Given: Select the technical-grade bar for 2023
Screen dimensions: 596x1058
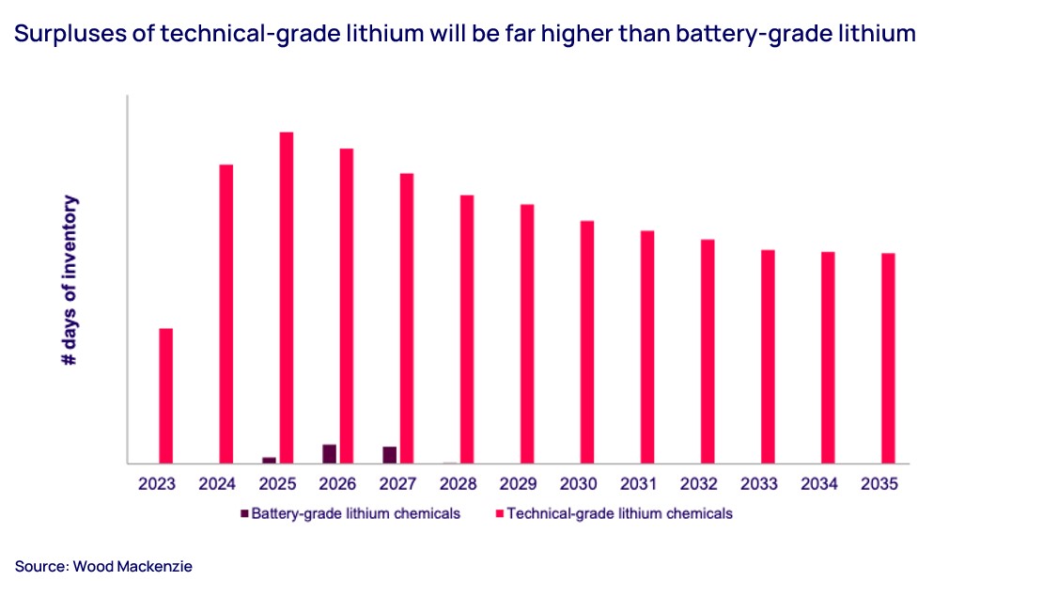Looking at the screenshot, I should tap(166, 396).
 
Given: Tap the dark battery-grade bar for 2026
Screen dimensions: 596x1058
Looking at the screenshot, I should tap(329, 454).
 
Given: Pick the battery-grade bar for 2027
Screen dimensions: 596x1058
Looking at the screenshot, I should tap(389, 455).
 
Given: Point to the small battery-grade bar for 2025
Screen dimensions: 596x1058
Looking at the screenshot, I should tap(270, 460).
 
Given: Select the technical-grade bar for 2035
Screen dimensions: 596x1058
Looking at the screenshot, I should tap(888, 358).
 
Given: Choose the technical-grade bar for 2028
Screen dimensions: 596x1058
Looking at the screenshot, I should tap(467, 329).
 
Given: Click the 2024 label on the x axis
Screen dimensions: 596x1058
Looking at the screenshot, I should tap(217, 485).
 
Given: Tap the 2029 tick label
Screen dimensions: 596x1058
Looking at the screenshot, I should tap(519, 485).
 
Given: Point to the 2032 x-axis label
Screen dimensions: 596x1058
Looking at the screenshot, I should tap(699, 485).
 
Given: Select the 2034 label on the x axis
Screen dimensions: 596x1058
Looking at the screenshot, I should tap(819, 485).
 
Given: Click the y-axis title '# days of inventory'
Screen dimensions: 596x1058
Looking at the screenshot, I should tap(70, 280).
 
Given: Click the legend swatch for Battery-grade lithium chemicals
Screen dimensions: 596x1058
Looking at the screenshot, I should tap(245, 513).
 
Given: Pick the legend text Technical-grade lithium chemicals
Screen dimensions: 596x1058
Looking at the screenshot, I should tap(619, 513).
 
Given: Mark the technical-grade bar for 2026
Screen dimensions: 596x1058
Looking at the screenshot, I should tap(347, 306).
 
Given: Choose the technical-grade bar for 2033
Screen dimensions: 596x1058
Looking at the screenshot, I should tap(768, 356).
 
